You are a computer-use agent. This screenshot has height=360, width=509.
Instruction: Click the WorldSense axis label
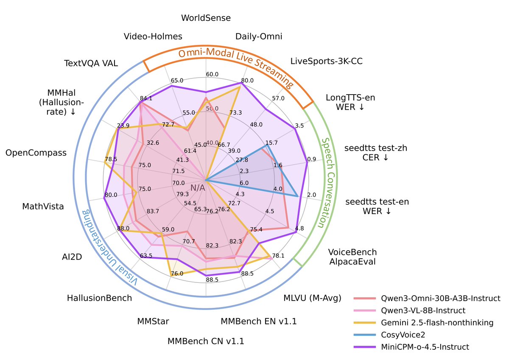click(x=206, y=18)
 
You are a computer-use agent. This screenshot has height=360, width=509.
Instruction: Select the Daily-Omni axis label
click(x=259, y=36)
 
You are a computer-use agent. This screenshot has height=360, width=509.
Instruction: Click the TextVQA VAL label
click(x=91, y=64)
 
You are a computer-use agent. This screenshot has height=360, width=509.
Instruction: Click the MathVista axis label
click(x=43, y=207)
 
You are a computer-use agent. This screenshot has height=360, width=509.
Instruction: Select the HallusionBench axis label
click(x=99, y=298)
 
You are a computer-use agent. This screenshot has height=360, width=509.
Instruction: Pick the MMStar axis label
click(x=153, y=321)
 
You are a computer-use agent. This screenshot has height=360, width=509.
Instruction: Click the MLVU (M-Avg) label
click(x=312, y=298)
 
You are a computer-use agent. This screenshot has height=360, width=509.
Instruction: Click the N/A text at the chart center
click(x=198, y=187)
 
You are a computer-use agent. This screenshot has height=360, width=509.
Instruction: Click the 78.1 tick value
click(x=278, y=256)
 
